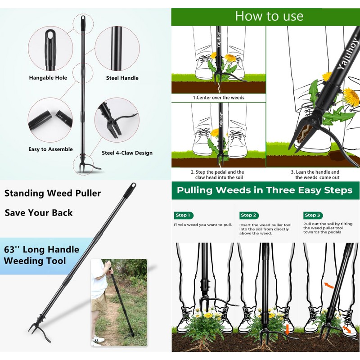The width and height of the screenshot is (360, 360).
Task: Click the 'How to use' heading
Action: pos(269,16)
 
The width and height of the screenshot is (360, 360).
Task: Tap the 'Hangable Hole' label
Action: pos(48,78)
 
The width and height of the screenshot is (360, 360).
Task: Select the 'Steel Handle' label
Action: pos(122,78)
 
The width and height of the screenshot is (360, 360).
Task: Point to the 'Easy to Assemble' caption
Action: pos(50,149)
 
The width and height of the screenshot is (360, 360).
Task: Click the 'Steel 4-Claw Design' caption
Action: pos(127,153)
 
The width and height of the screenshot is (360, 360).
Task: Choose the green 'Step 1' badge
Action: pos(183,215)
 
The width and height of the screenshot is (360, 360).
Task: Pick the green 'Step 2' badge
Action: pos(248,215)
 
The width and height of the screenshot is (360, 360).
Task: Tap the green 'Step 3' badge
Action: pos(313,215)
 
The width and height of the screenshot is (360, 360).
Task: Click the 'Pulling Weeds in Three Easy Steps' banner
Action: pos(265,190)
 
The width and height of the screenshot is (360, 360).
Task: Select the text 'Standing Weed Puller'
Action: pos(53,193)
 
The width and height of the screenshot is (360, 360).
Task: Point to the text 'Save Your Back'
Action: pos(39,213)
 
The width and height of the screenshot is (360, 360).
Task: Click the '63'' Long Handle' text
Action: pos(41,249)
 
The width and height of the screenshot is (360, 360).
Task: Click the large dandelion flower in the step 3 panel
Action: pos(351,97)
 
